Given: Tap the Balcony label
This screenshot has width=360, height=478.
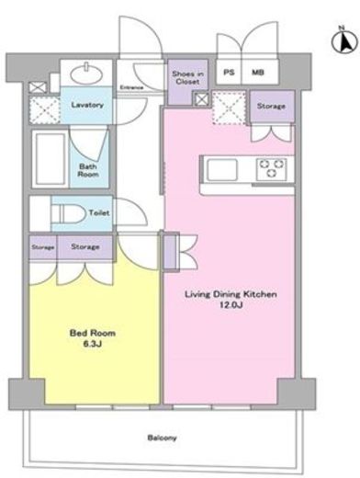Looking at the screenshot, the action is [162, 438].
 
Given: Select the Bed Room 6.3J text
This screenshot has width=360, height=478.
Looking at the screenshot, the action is [93, 338].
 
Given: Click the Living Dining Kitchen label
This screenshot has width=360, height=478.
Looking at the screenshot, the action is [231, 294].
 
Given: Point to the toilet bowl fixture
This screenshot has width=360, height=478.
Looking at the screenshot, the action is [68, 213].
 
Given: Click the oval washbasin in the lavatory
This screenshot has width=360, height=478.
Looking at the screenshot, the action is [86, 74].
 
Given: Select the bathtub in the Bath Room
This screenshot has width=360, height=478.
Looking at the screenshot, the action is [51, 159].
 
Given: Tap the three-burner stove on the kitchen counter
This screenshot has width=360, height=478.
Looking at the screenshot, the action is [272, 169].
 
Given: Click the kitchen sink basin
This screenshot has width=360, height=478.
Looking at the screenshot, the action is [222, 169].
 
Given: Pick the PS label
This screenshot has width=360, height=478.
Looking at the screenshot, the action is [229, 73].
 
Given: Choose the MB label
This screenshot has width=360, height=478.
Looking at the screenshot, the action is [258, 73].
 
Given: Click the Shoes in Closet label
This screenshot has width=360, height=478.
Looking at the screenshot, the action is [187, 78].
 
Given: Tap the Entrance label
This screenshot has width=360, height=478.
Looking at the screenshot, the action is [131, 87].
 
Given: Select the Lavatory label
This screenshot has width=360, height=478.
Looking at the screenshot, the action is [87, 105].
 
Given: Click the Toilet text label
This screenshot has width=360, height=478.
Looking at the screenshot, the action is [99, 212].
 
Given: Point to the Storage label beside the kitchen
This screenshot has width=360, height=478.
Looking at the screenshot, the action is [271, 106].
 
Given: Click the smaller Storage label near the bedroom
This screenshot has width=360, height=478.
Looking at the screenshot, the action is [43, 247].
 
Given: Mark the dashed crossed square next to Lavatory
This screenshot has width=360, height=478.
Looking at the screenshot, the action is [45, 110].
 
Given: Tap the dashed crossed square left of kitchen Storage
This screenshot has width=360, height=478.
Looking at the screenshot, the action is [230, 108].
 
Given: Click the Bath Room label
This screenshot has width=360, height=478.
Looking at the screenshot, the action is [88, 170].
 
